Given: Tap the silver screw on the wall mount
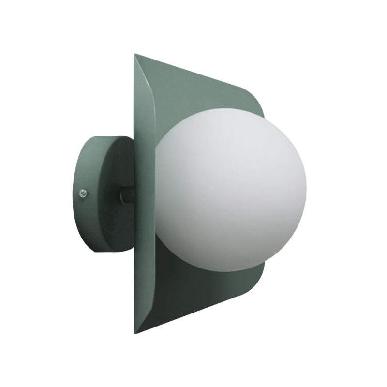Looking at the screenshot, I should (82, 193).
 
